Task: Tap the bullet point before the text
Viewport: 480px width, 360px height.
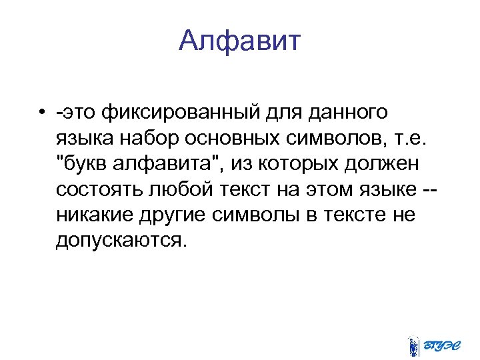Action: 41,111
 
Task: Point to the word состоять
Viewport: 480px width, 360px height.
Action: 98,189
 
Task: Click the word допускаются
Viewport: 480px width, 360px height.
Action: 117,241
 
